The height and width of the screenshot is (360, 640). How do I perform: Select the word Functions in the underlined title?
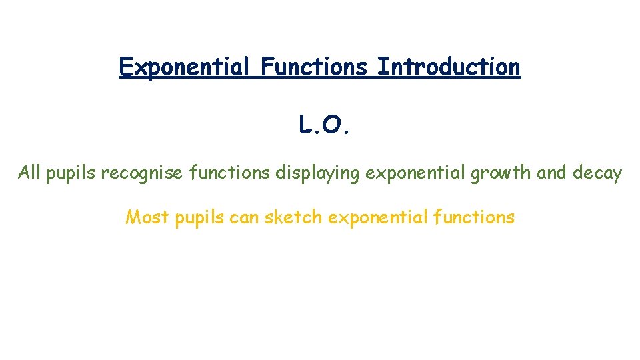pos(314,67)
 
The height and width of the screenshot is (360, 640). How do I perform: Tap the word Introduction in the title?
pos(448,67)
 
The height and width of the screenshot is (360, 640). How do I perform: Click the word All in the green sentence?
pos(30,174)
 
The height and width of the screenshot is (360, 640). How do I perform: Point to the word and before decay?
pos(551,174)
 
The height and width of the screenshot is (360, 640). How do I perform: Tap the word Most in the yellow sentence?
pos(147,217)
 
